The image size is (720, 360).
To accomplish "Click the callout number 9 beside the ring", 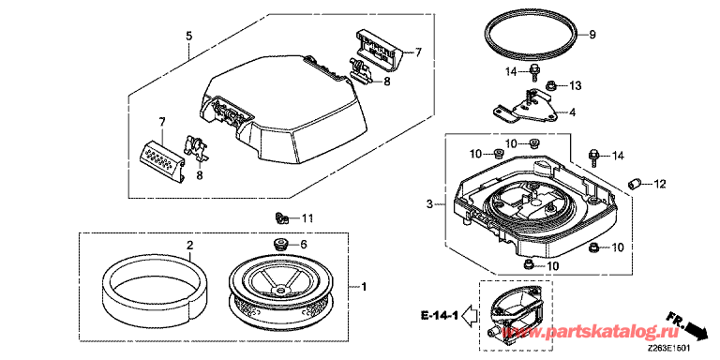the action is (592, 35).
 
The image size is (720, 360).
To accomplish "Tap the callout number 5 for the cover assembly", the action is (189, 37).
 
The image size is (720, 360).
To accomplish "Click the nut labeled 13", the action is (550, 85).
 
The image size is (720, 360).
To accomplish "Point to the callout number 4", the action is (572, 112).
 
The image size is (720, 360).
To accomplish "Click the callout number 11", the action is (307, 218).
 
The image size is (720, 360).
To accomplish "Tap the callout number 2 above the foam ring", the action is (189, 246).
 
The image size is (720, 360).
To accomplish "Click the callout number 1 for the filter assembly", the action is (363, 288).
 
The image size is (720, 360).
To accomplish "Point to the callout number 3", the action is (429, 204).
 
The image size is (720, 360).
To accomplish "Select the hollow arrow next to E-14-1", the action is (468, 316).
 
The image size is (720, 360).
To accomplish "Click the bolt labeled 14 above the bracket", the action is (535, 72).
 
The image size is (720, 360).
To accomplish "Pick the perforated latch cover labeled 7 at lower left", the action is (161, 161).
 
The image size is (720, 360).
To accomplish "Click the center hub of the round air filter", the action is (278, 291).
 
